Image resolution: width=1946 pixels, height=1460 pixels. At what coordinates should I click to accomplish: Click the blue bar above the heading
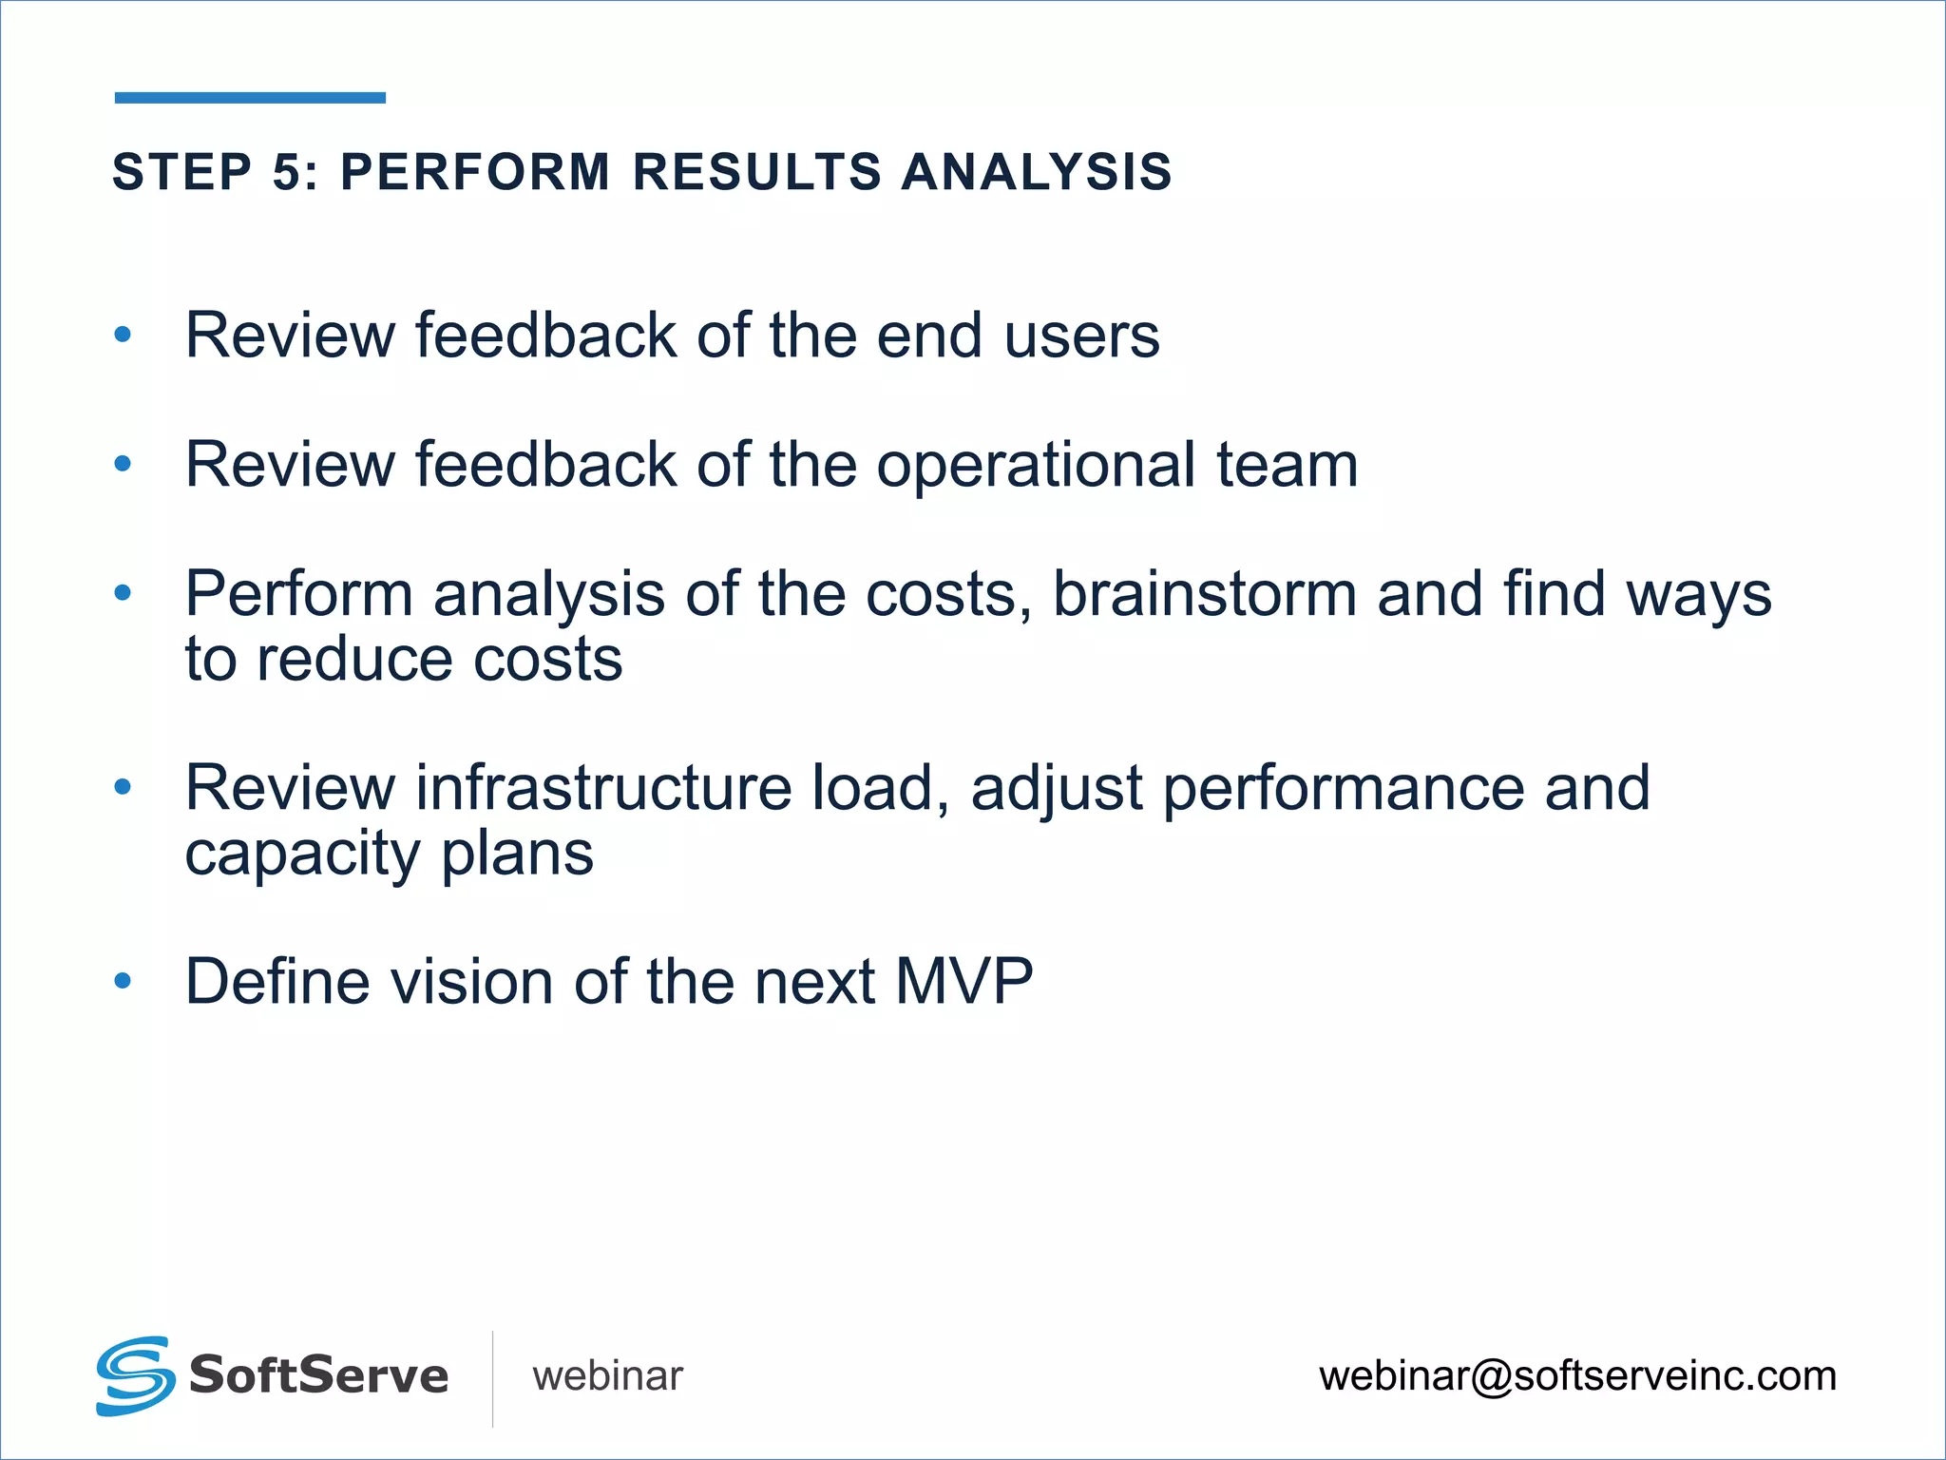(x=250, y=97)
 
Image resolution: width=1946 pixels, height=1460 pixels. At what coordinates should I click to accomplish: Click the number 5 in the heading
(x=288, y=172)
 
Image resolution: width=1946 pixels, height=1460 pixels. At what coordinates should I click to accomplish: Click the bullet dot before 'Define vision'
(x=123, y=981)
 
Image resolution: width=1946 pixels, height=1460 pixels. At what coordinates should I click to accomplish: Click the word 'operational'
(x=1036, y=466)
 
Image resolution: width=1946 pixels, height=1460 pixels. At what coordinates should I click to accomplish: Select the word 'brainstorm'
(x=1205, y=595)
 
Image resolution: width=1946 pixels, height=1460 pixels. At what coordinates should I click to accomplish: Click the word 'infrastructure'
(x=603, y=788)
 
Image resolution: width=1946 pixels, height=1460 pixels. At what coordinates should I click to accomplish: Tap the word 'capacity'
(x=302, y=855)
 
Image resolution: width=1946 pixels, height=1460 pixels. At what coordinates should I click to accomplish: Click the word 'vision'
(x=470, y=982)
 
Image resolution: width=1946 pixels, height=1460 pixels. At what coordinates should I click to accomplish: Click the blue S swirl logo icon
(x=136, y=1375)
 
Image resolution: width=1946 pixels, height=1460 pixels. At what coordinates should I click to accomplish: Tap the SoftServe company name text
(x=318, y=1375)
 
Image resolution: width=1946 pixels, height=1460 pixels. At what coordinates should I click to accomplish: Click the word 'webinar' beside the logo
(x=607, y=1376)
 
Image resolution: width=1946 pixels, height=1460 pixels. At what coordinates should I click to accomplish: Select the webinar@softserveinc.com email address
(x=1577, y=1376)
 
